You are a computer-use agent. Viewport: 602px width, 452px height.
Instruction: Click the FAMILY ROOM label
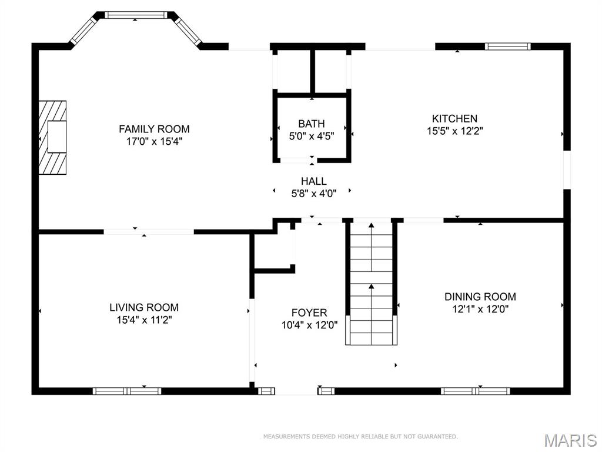coord(154,129)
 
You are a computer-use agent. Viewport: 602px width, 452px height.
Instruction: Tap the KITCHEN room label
coord(454,118)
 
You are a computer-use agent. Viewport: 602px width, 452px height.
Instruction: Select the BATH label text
coord(312,124)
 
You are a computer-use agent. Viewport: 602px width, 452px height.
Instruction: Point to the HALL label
coord(314,181)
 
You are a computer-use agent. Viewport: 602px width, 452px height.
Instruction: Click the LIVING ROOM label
coord(144,307)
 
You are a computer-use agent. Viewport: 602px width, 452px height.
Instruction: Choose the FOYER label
coord(309,313)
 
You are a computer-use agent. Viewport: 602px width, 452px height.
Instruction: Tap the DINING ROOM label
coord(480,297)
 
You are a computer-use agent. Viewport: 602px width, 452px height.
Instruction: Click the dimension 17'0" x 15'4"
coord(154,141)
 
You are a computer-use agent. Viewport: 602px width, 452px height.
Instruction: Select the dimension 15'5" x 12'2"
coord(454,131)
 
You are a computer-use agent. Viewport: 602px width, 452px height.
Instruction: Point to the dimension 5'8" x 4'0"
coord(314,193)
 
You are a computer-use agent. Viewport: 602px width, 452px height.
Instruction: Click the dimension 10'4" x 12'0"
coord(309,325)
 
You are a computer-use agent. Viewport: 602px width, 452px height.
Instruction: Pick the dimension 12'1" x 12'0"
coord(480,309)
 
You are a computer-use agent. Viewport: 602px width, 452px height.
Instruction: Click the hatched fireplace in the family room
coord(52,137)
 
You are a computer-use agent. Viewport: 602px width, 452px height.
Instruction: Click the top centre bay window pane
coord(136,15)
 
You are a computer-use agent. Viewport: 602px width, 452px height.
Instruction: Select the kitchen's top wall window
coord(507,46)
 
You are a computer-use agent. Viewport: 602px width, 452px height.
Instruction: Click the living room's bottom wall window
coord(127,391)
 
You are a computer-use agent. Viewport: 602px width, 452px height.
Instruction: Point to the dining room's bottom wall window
coord(475,391)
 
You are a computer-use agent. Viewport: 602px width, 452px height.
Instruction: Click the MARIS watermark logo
coord(570,440)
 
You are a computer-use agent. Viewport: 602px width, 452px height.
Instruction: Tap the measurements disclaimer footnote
coord(360,437)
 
